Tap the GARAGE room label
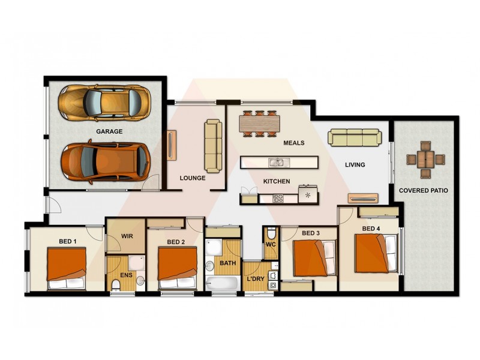(x=109, y=131)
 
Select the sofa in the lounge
(x=213, y=145)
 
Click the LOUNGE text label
(x=193, y=178)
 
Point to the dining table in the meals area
(x=260, y=124)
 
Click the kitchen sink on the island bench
(x=278, y=162)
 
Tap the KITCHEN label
(x=277, y=181)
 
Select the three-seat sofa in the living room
(x=354, y=137)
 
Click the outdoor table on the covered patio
(x=425, y=160)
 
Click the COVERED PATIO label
(x=424, y=191)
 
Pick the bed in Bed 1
(x=67, y=268)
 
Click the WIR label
(x=127, y=236)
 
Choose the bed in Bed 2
(x=178, y=268)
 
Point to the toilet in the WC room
(x=271, y=233)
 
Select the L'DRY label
(x=256, y=279)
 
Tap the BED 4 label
(x=371, y=229)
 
